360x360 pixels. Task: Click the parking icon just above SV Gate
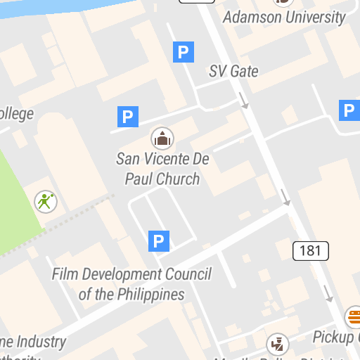[184, 51]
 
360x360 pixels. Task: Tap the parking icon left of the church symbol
[127, 116]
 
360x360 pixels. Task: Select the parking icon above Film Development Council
[159, 241]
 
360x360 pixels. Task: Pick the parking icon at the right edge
[349, 110]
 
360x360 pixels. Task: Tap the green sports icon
[46, 202]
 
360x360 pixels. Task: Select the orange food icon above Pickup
[354, 316]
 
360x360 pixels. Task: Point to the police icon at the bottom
[278, 345]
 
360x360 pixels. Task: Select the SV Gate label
[233, 71]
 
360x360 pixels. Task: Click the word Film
[65, 274]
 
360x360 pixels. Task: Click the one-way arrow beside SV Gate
[243, 101]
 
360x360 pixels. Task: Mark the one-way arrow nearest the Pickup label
[328, 292]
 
